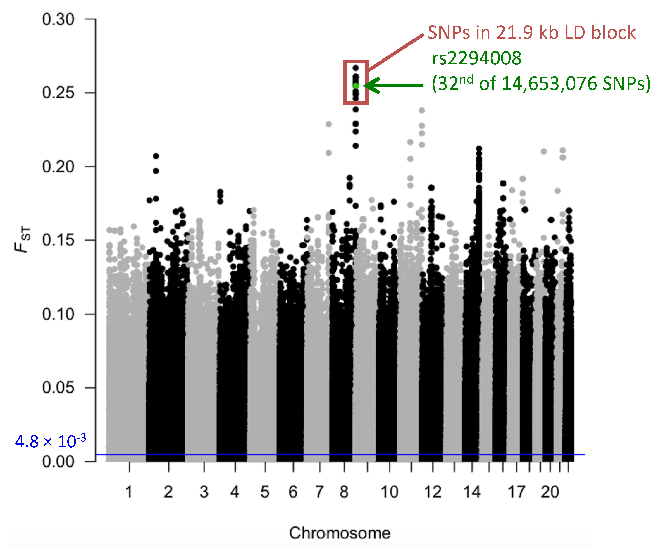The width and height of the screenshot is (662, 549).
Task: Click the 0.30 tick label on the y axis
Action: click(x=58, y=20)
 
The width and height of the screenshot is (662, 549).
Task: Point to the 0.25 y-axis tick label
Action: click(x=58, y=93)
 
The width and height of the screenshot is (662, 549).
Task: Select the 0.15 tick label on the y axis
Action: click(x=58, y=240)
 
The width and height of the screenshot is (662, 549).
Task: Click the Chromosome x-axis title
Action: click(x=340, y=533)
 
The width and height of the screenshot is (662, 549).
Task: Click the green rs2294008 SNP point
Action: click(x=355, y=85)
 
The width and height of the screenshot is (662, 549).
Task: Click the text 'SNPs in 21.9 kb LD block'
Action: click(x=532, y=32)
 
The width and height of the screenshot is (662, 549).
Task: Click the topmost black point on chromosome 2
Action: click(x=156, y=156)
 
